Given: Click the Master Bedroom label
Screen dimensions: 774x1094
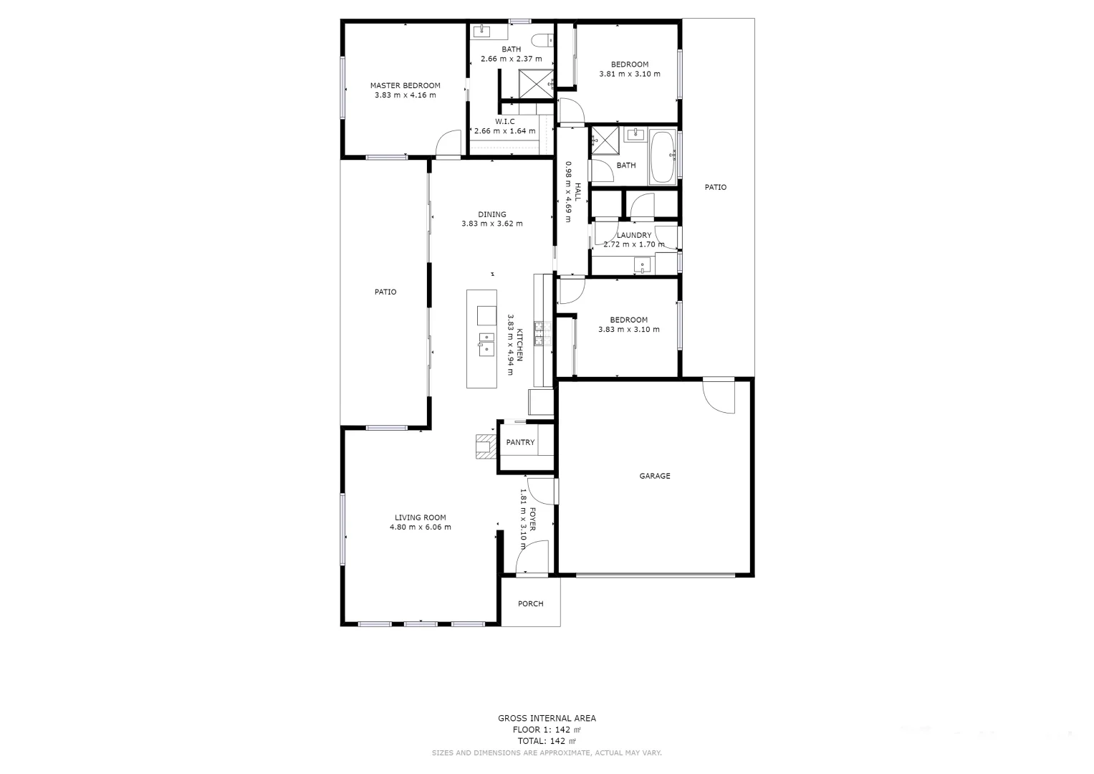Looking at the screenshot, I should click(x=405, y=85).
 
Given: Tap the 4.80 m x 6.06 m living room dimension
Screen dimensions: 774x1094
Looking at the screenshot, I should click(x=420, y=527).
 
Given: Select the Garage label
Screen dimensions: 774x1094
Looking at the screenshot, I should click(x=654, y=476).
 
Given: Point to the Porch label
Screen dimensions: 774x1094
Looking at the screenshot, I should click(x=530, y=603).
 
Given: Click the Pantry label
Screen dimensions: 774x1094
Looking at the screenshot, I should click(x=520, y=442).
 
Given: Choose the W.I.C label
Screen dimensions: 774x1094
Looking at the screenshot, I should click(x=504, y=122).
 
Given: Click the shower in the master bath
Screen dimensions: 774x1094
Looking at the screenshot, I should click(x=536, y=83).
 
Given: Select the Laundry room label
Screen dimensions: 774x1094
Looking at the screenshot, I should click(x=634, y=235).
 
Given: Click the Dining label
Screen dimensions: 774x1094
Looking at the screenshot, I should click(x=492, y=214).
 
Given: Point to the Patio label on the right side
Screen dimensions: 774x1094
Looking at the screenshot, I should click(x=715, y=187).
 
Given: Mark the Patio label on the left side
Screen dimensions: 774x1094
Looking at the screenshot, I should click(x=385, y=292).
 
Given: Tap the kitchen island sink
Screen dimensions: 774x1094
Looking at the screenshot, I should click(x=486, y=344).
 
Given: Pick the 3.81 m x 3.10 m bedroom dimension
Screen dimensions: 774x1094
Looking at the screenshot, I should click(x=629, y=74).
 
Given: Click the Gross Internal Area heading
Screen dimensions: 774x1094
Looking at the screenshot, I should click(x=547, y=718).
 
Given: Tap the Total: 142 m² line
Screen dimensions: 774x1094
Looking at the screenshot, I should click(x=547, y=741).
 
